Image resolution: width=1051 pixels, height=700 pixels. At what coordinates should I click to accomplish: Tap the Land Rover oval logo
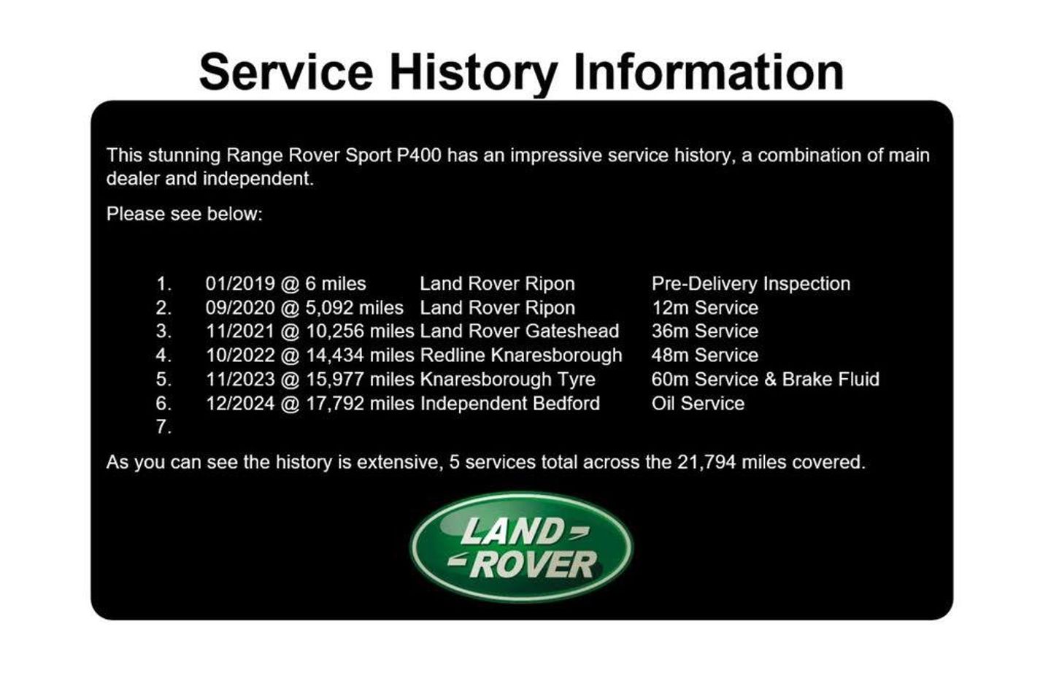coord(522,547)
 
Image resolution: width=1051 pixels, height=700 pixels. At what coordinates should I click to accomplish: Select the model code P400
coord(419,155)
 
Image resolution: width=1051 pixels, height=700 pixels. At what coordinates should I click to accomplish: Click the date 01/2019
coord(240,284)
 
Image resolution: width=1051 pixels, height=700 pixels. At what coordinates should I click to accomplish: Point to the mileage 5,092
coord(329,308)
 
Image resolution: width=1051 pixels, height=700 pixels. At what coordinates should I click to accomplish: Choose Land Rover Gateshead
coord(520,331)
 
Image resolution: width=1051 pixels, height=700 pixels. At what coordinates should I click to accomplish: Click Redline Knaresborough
coord(521,355)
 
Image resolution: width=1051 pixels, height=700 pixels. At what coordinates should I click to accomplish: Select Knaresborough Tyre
coord(508,380)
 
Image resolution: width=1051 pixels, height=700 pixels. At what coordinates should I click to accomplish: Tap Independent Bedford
coord(510,404)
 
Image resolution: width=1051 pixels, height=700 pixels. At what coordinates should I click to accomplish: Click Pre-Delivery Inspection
coord(751,284)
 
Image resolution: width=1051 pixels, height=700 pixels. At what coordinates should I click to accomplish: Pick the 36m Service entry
coord(705,331)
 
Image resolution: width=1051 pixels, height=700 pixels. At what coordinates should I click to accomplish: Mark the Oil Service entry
coord(698,404)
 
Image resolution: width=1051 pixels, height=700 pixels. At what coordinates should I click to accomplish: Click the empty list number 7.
coord(163,427)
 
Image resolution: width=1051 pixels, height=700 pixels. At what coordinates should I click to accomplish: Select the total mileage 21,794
coord(707,463)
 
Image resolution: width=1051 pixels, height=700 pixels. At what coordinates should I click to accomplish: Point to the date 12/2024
coord(240,404)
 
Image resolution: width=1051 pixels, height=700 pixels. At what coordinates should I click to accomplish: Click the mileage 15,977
coord(335,380)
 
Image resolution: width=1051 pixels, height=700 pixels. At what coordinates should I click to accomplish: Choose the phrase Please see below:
coord(185,214)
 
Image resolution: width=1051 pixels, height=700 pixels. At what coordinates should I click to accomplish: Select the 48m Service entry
coord(705,355)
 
